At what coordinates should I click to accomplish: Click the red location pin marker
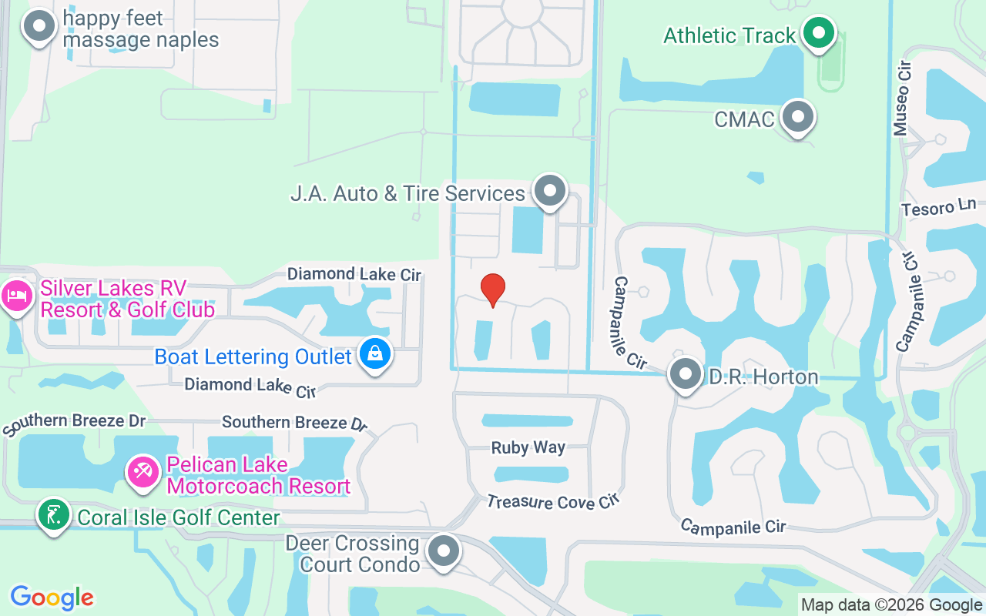493,290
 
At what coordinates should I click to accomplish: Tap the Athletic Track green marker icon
819,33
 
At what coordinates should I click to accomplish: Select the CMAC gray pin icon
798,118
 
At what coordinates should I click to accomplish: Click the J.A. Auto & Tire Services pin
550,190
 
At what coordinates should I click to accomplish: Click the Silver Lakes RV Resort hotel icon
16,296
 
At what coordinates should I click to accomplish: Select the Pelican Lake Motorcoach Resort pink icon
143,472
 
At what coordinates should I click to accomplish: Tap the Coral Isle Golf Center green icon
52,514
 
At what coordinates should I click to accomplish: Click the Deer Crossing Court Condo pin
443,551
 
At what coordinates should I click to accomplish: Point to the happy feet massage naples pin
39,27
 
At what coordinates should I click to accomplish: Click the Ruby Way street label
528,447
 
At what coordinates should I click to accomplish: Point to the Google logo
52,598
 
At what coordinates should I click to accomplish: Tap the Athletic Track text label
729,35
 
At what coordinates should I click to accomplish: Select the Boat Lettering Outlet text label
253,357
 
